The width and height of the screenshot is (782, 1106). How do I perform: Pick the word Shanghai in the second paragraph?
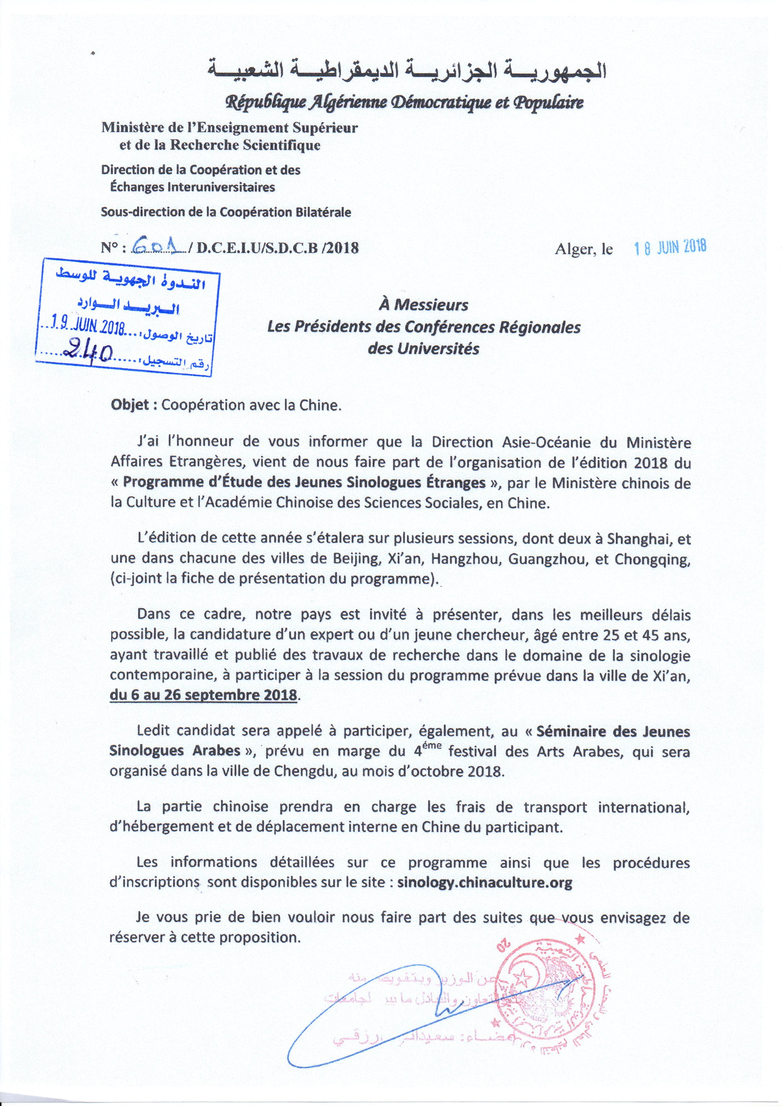[x=627, y=540]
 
